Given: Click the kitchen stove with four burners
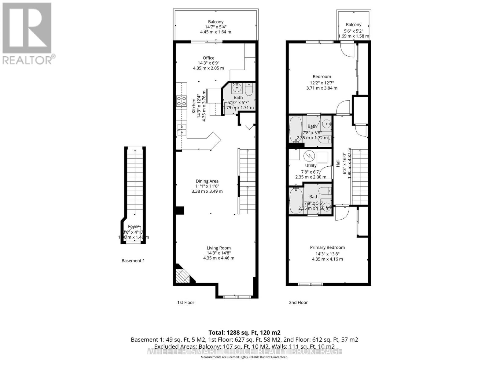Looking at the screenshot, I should pos(182,101).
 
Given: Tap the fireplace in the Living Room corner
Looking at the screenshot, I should pos(182,275).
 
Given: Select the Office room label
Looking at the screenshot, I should pos(208,58).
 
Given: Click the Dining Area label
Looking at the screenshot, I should pos(207,181).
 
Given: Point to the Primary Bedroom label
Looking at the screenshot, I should pos(327,247).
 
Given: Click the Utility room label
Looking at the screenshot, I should pos(311,165).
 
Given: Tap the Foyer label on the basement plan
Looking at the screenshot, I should pos(133,227).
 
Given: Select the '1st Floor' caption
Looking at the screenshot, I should pos(186,302).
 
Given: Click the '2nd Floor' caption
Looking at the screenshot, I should pos(298,302).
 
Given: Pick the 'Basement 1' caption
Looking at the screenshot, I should pos(133,261).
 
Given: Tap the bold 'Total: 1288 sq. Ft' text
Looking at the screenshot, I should pos(244,332).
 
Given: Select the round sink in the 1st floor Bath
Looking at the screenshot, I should pos(237,88).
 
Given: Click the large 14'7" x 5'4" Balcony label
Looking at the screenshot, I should pos(215,22).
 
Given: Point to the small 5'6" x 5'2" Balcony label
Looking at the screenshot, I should pos(354,24).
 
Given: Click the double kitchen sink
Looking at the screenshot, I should pos(182,129).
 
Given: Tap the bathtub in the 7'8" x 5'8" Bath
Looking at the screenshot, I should pos(296,128).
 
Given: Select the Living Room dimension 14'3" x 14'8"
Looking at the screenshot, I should pos(219,253).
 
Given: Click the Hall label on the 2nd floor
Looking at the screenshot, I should pos(338,164).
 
